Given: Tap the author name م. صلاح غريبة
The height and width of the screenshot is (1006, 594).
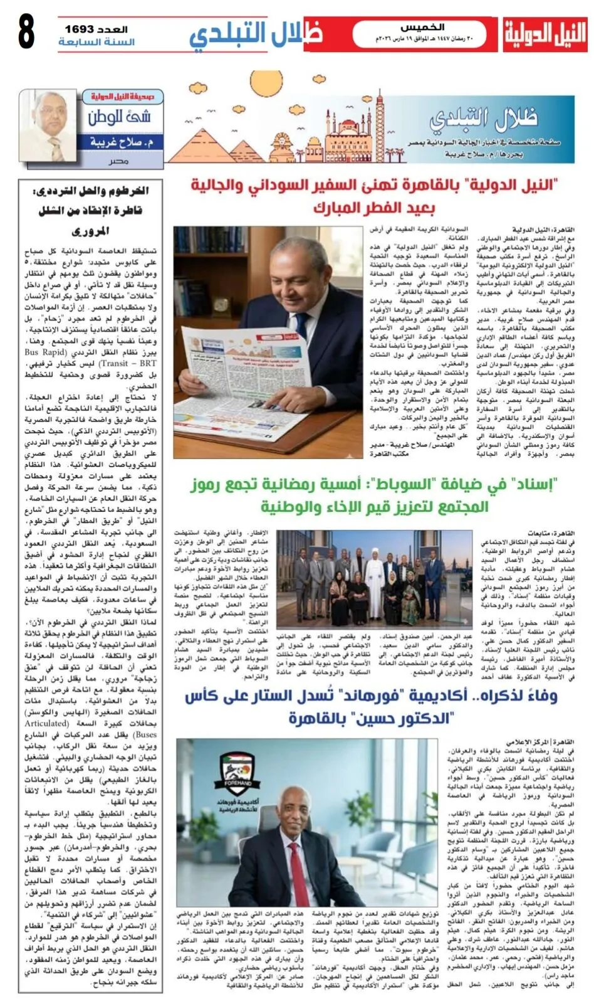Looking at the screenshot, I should click(x=122, y=142).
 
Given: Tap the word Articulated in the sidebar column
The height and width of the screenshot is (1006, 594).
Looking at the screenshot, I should click(x=47, y=723).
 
